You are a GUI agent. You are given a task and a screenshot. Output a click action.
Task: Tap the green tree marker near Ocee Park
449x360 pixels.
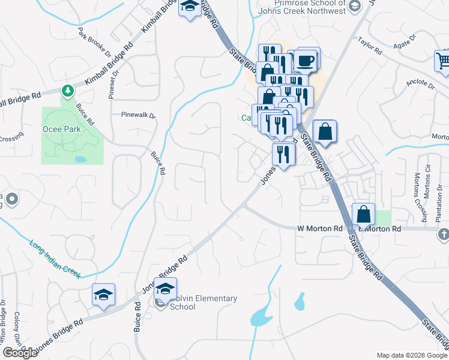(68, 91)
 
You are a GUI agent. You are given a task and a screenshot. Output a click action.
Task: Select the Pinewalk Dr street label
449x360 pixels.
(138, 115)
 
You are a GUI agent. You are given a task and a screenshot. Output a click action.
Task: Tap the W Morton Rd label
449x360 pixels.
(319, 229)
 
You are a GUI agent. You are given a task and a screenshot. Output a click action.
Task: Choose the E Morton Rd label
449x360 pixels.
(379, 229)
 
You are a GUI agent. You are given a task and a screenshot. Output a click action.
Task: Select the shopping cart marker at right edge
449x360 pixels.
(443, 61)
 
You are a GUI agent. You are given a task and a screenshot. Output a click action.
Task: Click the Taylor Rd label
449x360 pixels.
(370, 47)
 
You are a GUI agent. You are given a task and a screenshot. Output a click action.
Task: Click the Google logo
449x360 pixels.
(20, 353)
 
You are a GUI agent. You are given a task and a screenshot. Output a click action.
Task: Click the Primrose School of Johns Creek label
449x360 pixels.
(310, 7)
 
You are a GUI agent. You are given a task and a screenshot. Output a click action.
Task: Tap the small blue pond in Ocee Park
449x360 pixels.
(80, 160)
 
